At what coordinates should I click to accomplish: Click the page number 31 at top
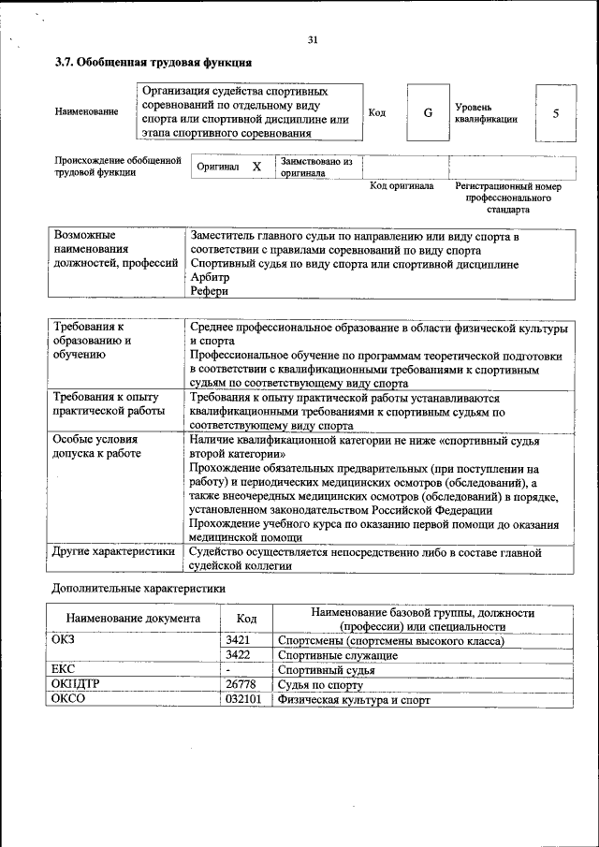click(x=313, y=39)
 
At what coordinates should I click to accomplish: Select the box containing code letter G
click(x=428, y=113)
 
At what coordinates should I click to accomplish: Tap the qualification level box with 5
click(x=556, y=113)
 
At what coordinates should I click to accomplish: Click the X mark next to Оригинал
click(x=256, y=166)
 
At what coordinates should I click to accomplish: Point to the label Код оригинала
click(x=402, y=185)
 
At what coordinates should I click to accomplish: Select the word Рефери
click(x=209, y=291)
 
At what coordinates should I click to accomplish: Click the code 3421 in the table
click(x=237, y=640)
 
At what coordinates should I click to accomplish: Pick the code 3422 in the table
click(x=237, y=655)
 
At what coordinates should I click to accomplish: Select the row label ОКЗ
click(x=65, y=640)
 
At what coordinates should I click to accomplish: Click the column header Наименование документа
click(x=133, y=619)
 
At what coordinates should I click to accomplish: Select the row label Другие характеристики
click(x=114, y=552)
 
